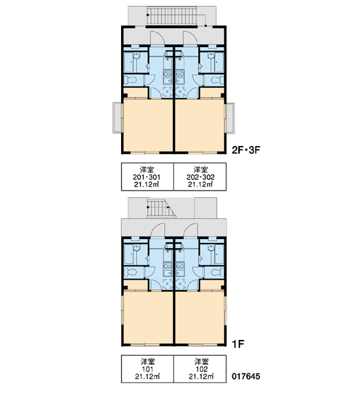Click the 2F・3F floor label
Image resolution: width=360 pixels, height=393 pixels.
tap(246, 150)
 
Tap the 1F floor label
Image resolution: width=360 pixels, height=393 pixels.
tap(238, 344)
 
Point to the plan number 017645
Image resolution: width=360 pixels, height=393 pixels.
tap(245, 376)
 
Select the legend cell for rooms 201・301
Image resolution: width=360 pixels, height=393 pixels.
tap(147, 177)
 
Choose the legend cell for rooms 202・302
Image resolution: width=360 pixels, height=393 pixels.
tap(200, 177)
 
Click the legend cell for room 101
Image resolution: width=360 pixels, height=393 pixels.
tap(147, 369)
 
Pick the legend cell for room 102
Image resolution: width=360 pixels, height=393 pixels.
tap(200, 369)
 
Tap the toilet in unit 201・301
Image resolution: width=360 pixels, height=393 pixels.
tap(130, 81)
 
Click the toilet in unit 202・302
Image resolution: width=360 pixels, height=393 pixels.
tap(217, 81)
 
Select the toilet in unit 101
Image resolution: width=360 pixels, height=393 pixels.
tap(130, 272)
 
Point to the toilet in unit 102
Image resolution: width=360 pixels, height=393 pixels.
tap(217, 272)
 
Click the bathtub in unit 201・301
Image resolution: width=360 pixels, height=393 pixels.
tap(129, 62)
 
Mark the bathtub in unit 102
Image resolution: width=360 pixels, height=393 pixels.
tap(219, 254)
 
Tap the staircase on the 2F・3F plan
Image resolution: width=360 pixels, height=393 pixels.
tap(172, 16)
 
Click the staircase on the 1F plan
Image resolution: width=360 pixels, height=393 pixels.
tap(161, 208)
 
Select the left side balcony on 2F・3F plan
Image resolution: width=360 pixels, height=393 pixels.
tap(117, 118)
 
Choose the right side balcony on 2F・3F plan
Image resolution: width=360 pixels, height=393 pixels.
tap(230, 118)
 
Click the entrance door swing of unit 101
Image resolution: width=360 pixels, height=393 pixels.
tap(157, 230)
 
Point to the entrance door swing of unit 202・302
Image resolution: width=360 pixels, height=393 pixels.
tap(190, 38)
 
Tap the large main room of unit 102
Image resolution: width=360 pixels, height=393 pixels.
tap(200, 317)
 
